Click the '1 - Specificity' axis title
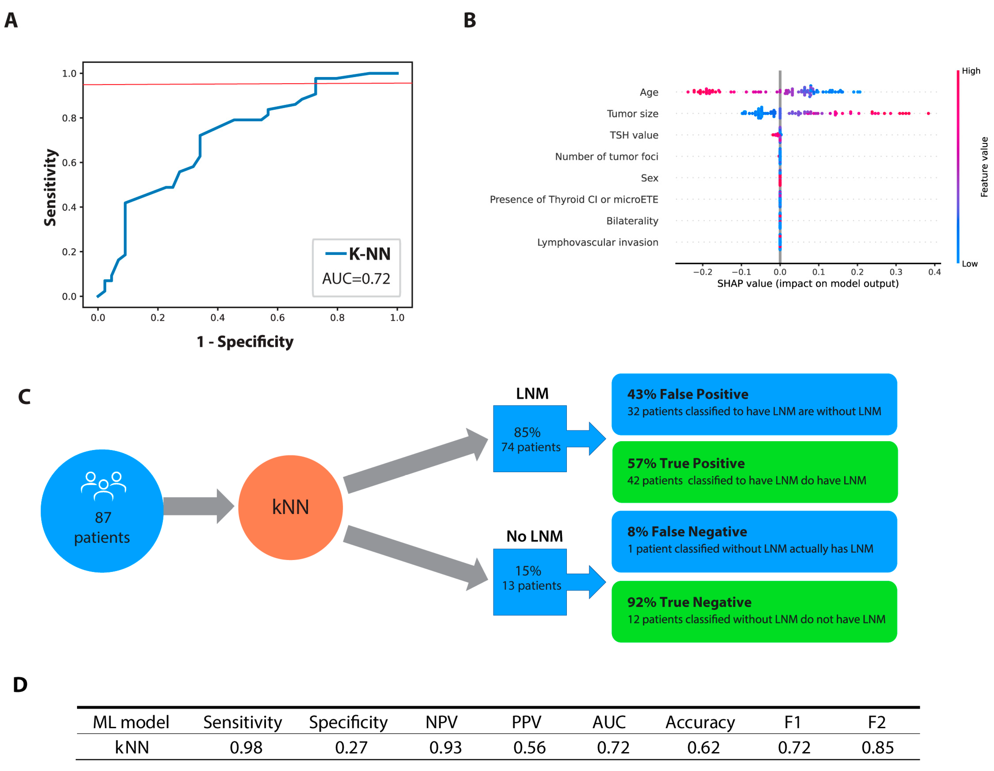tap(245, 342)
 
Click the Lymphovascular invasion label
tap(597, 242)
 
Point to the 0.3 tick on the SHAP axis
tap(896, 272)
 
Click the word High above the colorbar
tap(971, 71)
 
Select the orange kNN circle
tap(290, 507)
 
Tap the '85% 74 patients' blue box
tap(530, 439)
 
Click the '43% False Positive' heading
tap(687, 394)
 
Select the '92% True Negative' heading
tap(689, 602)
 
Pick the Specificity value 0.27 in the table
tap(351, 748)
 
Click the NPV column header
tap(441, 722)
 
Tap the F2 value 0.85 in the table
tap(877, 748)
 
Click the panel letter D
tap(20, 685)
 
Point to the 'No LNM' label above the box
tap(534, 536)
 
